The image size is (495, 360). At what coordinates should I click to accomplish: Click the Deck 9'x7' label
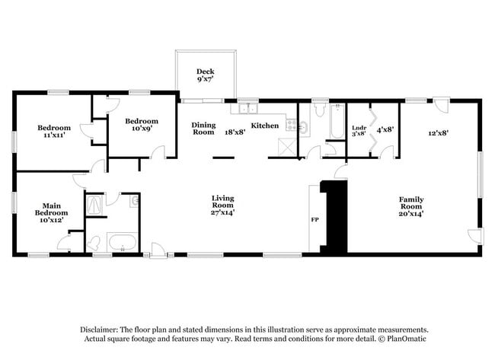[205, 75]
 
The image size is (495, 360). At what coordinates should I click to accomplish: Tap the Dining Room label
[203, 129]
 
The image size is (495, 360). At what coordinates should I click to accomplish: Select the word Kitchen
[265, 126]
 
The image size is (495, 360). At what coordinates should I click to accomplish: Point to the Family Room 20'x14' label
[411, 206]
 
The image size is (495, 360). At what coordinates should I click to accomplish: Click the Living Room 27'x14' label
[222, 203]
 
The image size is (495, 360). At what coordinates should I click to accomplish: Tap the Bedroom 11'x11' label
[54, 131]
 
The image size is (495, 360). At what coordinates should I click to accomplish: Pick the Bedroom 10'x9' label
[142, 125]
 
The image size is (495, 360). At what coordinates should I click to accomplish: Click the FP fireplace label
[314, 221]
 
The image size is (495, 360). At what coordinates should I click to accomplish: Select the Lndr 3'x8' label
[359, 130]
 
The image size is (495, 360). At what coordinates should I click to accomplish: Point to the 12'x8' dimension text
[438, 132]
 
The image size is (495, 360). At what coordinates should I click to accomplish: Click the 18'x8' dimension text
[234, 132]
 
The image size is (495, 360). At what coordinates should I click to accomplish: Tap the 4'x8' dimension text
[385, 129]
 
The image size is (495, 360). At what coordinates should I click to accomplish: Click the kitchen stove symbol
[290, 123]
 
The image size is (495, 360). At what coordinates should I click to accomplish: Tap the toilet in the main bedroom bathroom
[94, 244]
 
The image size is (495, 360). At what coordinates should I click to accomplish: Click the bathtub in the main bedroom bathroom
[122, 244]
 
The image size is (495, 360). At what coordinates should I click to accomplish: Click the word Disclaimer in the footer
[101, 328]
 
